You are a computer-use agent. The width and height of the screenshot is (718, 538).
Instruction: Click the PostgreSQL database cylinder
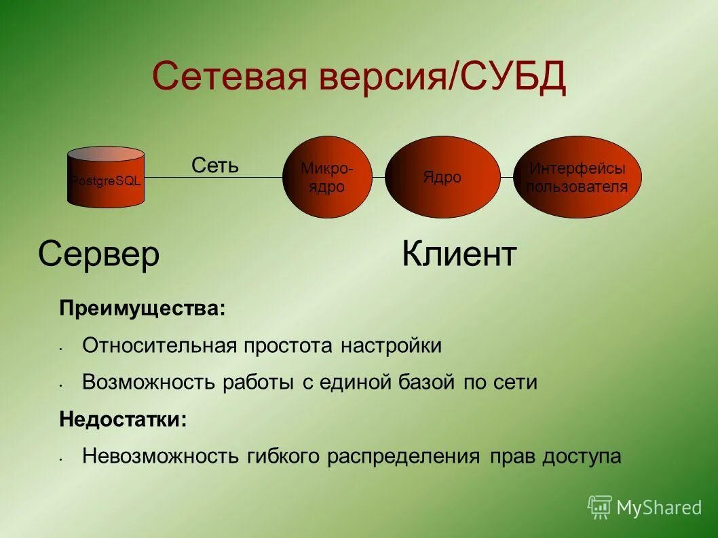pos(106,178)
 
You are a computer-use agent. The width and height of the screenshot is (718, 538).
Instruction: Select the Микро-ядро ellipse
pos(327,178)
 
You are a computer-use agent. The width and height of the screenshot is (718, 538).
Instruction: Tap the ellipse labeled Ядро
pos(442,178)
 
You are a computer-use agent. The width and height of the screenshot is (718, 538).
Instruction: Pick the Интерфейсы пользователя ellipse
pos(577,178)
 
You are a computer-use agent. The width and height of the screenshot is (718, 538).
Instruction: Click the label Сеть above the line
pos(214,165)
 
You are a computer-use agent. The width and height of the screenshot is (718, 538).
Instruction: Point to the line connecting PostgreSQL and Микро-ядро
pos(214,178)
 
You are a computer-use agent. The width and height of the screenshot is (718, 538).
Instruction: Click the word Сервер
pos(99,254)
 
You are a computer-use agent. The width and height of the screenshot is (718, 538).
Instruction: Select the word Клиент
pos(459,254)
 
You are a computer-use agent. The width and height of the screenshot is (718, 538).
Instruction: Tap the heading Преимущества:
pos(142,309)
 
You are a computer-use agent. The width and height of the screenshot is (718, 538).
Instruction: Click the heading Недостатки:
pos(123,419)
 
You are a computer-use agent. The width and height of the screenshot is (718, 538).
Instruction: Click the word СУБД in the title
pos(514,76)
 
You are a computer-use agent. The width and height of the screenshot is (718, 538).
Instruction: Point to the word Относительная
pos(159,346)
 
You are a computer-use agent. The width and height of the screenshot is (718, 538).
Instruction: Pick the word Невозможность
pos(160,456)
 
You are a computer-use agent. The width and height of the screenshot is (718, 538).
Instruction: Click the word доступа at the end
pos(582,456)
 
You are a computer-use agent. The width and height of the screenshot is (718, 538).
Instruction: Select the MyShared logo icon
pos(600,506)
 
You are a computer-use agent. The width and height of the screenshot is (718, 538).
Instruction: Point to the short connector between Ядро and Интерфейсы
pos(506,178)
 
